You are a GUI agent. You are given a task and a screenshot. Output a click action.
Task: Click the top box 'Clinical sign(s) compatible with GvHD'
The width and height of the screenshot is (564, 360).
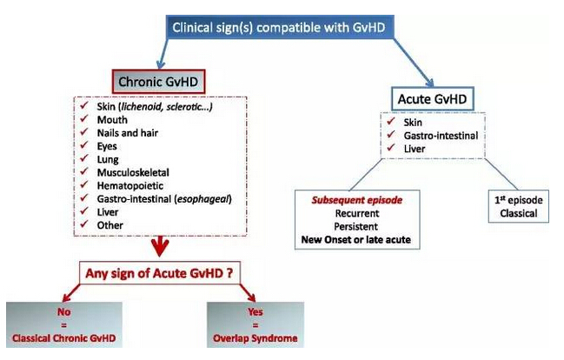[279, 27]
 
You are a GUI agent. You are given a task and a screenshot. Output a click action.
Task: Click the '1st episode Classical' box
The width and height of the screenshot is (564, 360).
[519, 205]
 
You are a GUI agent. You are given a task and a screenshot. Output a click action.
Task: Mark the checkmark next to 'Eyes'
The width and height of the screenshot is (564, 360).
[83, 146]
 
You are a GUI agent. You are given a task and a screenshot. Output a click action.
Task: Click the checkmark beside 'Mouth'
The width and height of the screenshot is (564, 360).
[83, 119]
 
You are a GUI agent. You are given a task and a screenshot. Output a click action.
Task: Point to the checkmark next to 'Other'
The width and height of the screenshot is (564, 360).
[83, 225]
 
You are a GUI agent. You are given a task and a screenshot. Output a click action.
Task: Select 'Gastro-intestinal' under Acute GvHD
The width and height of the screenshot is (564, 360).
[439, 137]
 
